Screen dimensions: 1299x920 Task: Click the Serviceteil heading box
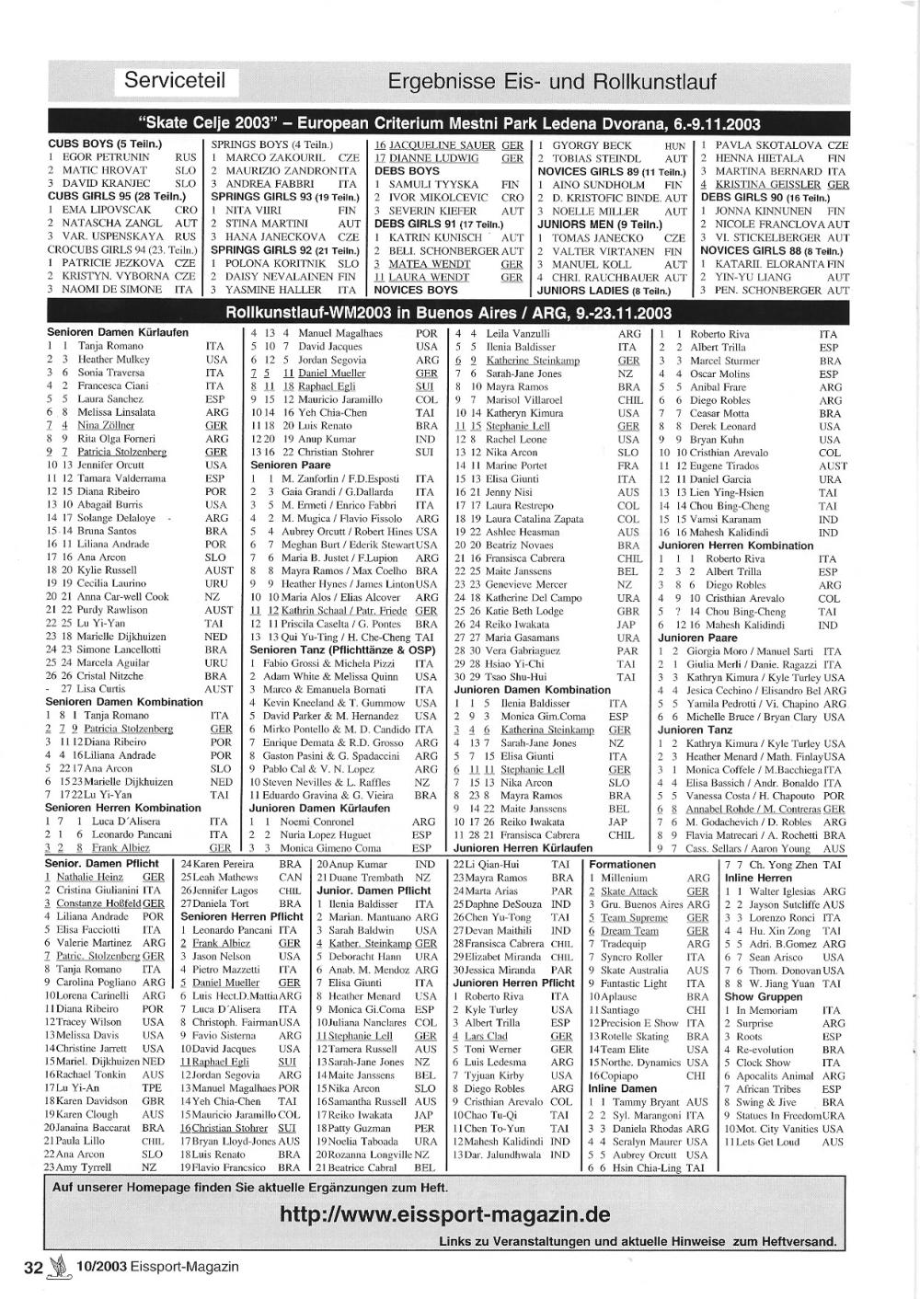pyautogui.click(x=175, y=80)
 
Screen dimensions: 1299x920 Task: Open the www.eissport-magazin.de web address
pyautogui.click(x=445, y=1214)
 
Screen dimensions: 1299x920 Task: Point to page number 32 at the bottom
pyautogui.click(x=34, y=1267)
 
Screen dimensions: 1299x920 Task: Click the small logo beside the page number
pyautogui.click(x=62, y=1267)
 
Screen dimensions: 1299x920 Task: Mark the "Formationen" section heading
pyautogui.click(x=622, y=865)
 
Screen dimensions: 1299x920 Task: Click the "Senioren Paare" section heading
pyautogui.click(x=288, y=466)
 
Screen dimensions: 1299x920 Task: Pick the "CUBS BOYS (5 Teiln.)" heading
pyautogui.click(x=104, y=144)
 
